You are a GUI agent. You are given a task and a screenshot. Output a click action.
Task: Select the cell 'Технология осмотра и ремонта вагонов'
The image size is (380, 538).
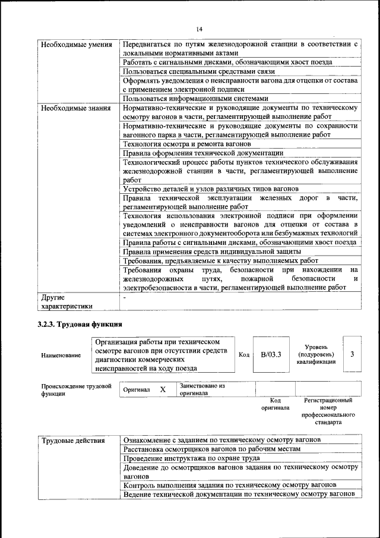coord(187,144)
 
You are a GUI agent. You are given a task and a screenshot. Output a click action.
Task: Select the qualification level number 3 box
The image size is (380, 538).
coord(352,355)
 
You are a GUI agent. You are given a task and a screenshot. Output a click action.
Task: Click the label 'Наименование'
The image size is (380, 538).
coord(61,355)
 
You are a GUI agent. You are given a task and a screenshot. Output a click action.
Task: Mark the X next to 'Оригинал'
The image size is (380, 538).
coord(162,389)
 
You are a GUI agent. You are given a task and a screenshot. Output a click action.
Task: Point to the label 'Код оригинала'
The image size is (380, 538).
coord(275,404)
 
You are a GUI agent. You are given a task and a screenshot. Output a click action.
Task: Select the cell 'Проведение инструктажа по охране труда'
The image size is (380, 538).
coord(191,458)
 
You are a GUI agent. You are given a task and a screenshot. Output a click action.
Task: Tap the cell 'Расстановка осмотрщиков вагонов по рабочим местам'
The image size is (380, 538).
coord(211,449)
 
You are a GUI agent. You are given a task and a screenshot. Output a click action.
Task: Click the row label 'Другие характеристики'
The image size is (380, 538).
coord(65,301)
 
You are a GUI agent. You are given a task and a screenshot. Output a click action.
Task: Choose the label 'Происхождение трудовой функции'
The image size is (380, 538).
coord(76,390)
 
